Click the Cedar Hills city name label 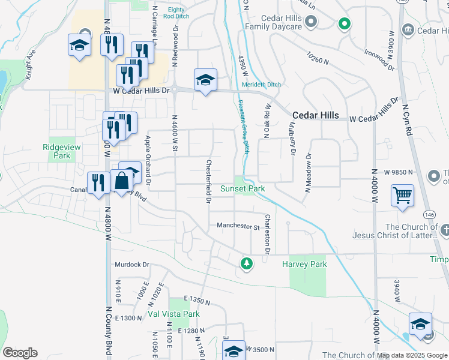[x=315, y=115]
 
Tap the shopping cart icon [x=402, y=195]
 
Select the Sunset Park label [x=243, y=188]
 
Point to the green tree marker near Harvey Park [x=246, y=263]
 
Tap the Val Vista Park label [x=173, y=314]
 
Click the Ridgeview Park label [x=56, y=151]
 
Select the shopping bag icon [x=121, y=180]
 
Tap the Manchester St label [x=238, y=227]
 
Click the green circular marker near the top [x=344, y=24]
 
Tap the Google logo [x=20, y=353]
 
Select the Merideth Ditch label [x=261, y=85]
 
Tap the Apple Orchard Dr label [x=148, y=159]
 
